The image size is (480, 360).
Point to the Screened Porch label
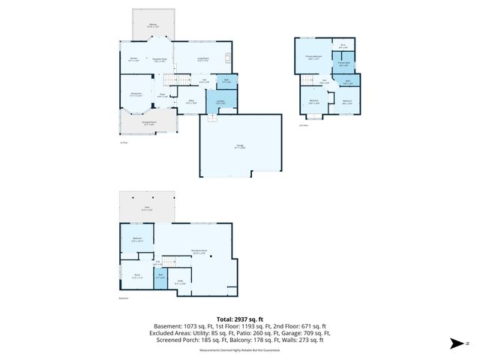coord(149,122)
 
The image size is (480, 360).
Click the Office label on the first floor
coord(191,100)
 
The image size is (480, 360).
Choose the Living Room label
coord(202,59)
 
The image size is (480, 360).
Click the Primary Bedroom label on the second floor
coord(313,57)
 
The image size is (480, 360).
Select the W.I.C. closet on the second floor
coord(343,47)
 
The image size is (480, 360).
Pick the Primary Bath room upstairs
coord(343,64)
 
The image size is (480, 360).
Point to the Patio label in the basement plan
coord(147,208)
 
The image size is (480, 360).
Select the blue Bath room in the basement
coord(160,276)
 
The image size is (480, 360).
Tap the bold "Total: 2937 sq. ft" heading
coord(239,319)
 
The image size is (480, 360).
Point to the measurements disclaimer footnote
coord(239,350)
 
